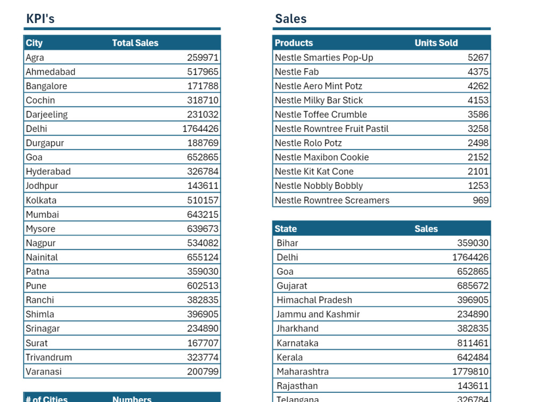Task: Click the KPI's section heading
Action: point(40,18)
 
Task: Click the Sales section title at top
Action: point(291,18)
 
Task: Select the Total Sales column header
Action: point(135,43)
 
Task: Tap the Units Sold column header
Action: point(436,43)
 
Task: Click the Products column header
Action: point(294,43)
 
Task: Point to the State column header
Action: point(286,229)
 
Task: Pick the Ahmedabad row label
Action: point(50,71)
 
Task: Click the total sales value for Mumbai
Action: point(203,214)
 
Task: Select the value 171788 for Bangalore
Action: point(203,86)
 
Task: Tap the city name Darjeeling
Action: point(47,114)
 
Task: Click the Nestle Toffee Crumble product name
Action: point(321,114)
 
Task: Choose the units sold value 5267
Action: point(478,57)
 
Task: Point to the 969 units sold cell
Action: point(481,200)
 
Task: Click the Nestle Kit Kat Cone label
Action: point(314,172)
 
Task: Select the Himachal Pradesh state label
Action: point(314,300)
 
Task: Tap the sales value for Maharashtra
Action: point(470,371)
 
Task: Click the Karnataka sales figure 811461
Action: point(473,343)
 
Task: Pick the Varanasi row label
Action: point(43,371)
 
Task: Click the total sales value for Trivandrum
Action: point(203,357)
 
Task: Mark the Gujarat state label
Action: point(292,286)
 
